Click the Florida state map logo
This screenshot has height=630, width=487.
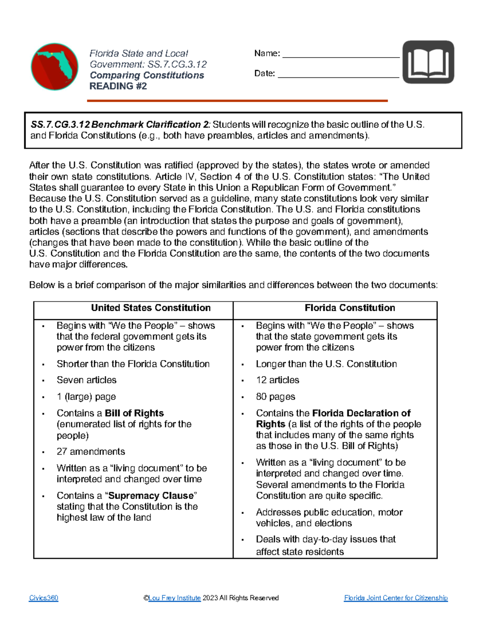click(55, 67)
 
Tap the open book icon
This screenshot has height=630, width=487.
click(428, 62)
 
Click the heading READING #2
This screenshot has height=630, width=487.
click(118, 86)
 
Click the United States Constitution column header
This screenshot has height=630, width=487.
click(151, 308)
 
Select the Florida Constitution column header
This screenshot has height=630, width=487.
click(349, 308)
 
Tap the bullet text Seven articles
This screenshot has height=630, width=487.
click(86, 380)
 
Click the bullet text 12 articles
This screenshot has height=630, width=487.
click(278, 380)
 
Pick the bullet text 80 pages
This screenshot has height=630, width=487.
click(276, 397)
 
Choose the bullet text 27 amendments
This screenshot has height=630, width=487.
click(91, 452)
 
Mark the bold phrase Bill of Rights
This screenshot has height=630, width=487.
click(134, 413)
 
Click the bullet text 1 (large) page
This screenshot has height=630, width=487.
click(86, 397)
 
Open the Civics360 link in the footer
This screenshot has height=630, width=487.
click(43, 598)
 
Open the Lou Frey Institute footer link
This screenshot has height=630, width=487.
click(175, 598)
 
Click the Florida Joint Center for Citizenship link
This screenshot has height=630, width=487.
click(396, 598)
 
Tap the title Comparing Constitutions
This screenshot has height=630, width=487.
click(147, 75)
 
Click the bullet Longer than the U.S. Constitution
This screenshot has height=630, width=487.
click(326, 364)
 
